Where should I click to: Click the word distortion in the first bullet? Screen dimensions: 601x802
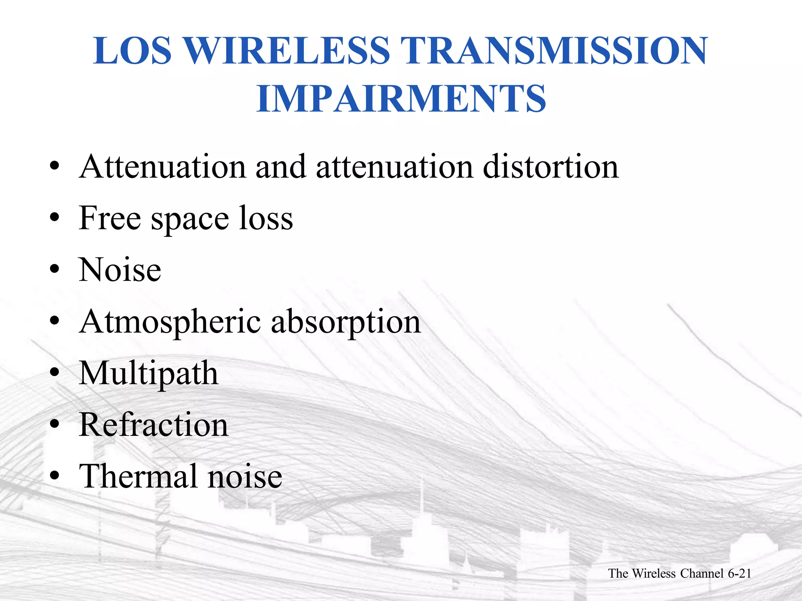pos(551,167)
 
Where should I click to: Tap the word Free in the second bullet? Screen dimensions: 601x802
pos(110,218)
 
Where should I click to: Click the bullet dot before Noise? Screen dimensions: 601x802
pos(54,269)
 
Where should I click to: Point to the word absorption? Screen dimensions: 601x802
pos(346,322)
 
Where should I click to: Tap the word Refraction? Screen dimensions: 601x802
pos(154,425)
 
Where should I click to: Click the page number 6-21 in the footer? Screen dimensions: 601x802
pos(739,574)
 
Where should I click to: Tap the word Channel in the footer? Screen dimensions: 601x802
pos(702,574)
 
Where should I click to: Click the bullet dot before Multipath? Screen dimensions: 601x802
pos(54,372)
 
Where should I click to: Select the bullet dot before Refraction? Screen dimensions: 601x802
pos(54,424)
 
